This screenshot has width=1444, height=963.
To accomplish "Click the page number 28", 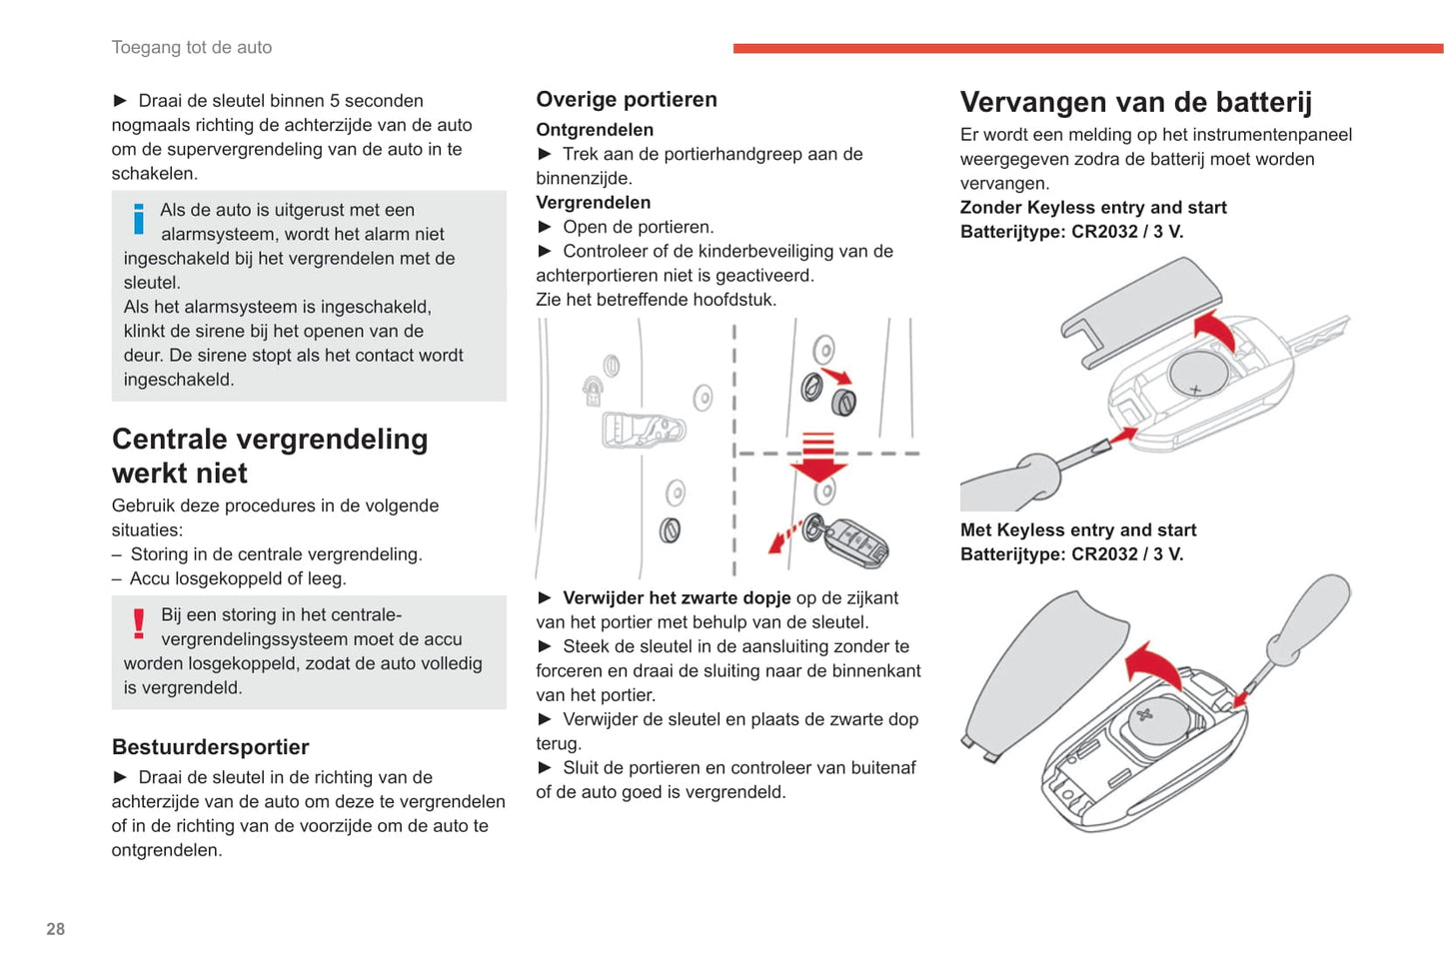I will click(x=55, y=929).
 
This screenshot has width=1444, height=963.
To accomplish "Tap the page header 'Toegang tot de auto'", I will click(x=192, y=47).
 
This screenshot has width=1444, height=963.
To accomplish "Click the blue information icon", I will click(x=138, y=218).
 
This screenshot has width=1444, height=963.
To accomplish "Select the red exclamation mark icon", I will click(x=139, y=623).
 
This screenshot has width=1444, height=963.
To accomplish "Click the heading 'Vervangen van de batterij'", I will click(x=1135, y=102).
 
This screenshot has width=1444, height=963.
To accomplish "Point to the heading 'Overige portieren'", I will click(x=627, y=99).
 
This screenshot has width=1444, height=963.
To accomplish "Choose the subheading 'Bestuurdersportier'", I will click(x=210, y=747).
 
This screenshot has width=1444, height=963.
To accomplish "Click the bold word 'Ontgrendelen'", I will click(x=595, y=130).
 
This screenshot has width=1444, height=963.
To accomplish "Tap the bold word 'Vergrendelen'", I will click(x=593, y=202).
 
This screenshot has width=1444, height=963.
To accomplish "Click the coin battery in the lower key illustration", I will click(x=1157, y=720).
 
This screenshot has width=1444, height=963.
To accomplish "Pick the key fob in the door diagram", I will click(x=855, y=543).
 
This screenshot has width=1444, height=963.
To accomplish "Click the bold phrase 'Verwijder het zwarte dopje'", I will click(x=677, y=597).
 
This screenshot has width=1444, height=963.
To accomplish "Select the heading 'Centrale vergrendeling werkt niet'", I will click(x=270, y=456).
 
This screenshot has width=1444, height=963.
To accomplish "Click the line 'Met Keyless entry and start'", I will click(x=1078, y=530).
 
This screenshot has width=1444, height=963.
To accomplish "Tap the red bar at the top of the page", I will click(x=1087, y=48).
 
